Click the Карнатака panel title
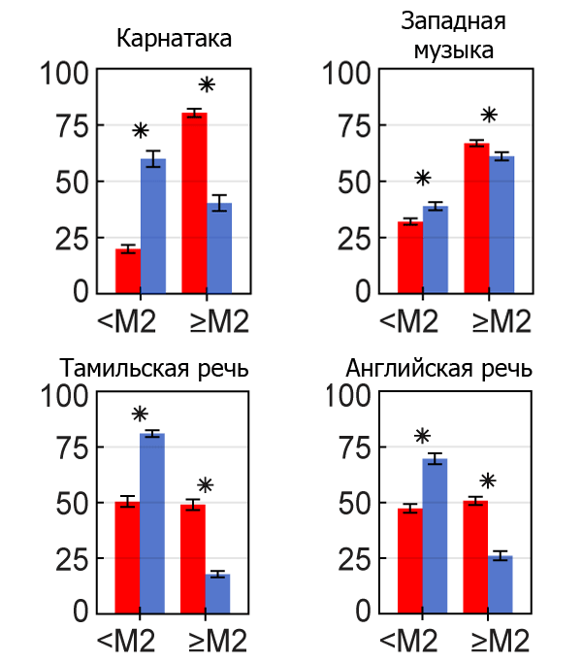[x=175, y=40]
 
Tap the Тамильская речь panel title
[x=155, y=370]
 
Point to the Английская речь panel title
[x=439, y=370]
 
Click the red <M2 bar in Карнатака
[x=128, y=271]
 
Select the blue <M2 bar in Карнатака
[x=153, y=225]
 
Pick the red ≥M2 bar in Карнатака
[x=194, y=203]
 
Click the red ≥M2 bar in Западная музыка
[x=476, y=217]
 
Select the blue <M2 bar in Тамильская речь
[x=152, y=523]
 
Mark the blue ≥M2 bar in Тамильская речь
[x=217, y=594]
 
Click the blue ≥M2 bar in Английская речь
[x=501, y=584]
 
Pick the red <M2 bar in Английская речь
[x=410, y=561]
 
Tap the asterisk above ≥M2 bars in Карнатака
[x=206, y=84]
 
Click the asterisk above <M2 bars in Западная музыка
[x=422, y=178]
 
